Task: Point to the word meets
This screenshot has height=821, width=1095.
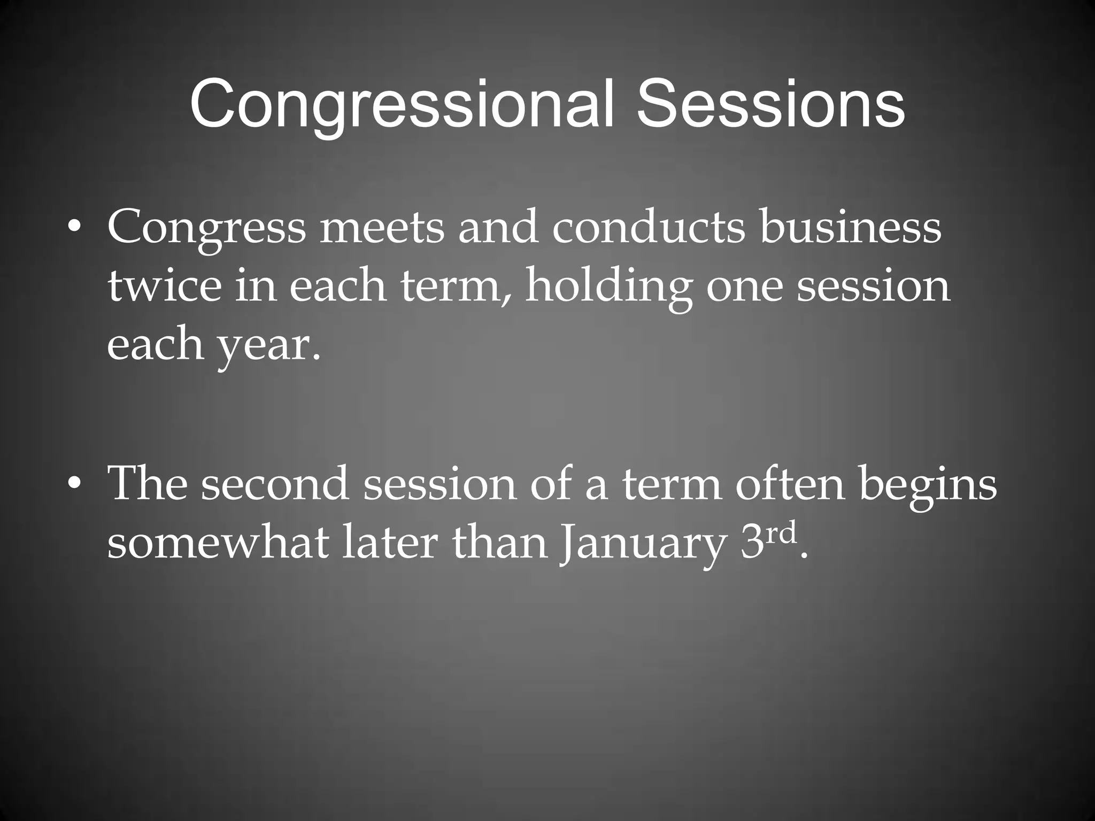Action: coord(382,228)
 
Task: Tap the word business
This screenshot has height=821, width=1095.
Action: coord(851,228)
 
